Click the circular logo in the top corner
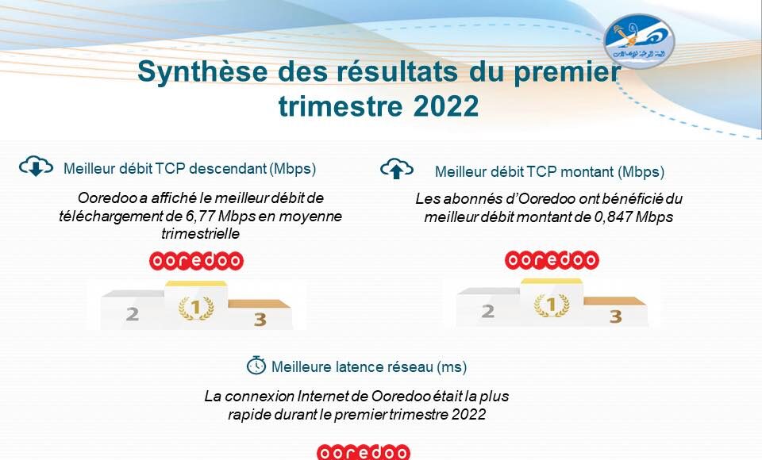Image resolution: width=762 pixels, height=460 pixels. pyautogui.click(x=639, y=40)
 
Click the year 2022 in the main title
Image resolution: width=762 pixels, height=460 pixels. pyautogui.click(x=446, y=106)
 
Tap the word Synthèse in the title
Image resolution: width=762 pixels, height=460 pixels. pyautogui.click(x=202, y=71)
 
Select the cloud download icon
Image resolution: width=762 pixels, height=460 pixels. pyautogui.click(x=36, y=166)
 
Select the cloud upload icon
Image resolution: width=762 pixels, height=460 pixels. pyautogui.click(x=397, y=169)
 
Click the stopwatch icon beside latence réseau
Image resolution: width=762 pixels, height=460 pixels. pyautogui.click(x=256, y=366)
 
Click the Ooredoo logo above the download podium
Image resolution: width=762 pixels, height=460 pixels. pyautogui.click(x=196, y=261)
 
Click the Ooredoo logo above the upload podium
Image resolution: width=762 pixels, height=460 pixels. pyautogui.click(x=552, y=260)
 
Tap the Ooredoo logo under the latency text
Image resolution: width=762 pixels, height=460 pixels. pyautogui.click(x=364, y=452)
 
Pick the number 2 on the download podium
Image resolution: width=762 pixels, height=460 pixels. pyautogui.click(x=133, y=314)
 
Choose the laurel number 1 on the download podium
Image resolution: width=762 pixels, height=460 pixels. pyautogui.click(x=196, y=308)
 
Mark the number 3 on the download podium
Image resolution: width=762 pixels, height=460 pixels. pyautogui.click(x=260, y=320)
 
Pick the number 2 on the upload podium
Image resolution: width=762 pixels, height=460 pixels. pyautogui.click(x=487, y=311)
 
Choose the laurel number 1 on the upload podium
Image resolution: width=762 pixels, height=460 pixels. pyautogui.click(x=552, y=305)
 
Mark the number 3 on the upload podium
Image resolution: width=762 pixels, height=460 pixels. pyautogui.click(x=616, y=316)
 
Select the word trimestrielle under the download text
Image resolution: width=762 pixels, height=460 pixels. pyautogui.click(x=200, y=234)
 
